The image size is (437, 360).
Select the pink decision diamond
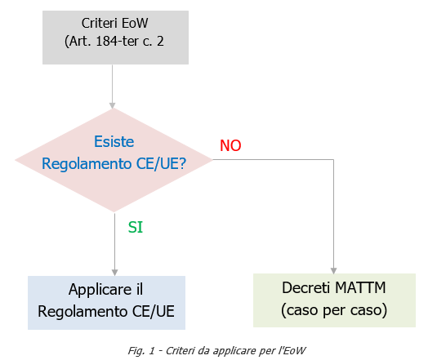pyautogui.click(x=114, y=159)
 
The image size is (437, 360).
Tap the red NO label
pyautogui.click(x=230, y=145)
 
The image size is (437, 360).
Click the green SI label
pyautogui.click(x=136, y=228)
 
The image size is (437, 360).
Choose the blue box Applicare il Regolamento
pyautogui.click(x=107, y=302)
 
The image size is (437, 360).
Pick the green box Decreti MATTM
pyautogui.click(x=334, y=300)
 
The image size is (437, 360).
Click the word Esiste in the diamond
pyautogui.click(x=114, y=141)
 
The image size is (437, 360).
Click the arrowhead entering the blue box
pyautogui.click(x=114, y=272)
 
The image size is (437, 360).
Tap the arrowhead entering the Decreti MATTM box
pyautogui.click(x=334, y=269)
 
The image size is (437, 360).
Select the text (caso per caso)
pyautogui.click(x=334, y=311)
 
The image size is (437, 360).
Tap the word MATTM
pyautogui.click(x=357, y=289)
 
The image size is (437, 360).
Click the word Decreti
pyautogui.click(x=307, y=289)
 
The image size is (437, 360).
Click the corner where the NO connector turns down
pyautogui.click(x=334, y=160)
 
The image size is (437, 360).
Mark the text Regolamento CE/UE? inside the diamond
pyautogui.click(x=114, y=163)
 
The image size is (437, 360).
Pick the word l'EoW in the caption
pyautogui.click(x=291, y=350)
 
